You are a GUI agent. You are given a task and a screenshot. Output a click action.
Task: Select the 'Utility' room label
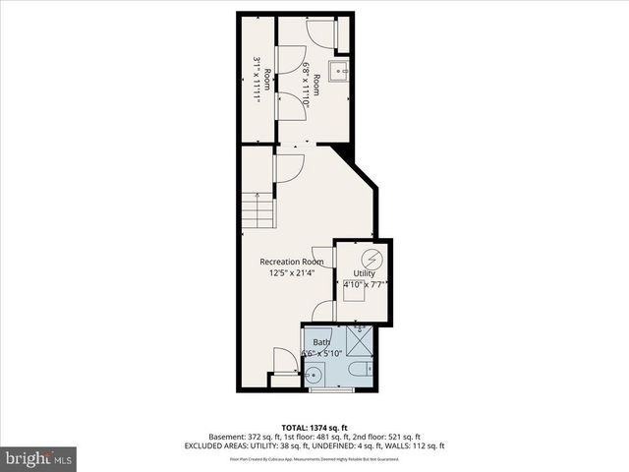coord(364,273)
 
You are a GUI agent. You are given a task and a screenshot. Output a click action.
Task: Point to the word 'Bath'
coord(322,342)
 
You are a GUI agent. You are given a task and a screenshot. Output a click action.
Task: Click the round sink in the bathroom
coord(314,374)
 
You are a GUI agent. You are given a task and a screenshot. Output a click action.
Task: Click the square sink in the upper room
coord(339,72)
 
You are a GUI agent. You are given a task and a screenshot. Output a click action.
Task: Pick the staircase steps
coord(257,211)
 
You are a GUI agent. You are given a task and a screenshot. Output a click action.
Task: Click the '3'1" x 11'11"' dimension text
coord(257,80)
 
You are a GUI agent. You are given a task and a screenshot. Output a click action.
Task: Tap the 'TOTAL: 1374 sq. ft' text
coord(314,428)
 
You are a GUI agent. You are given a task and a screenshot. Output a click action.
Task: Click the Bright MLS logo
coord(38,457)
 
